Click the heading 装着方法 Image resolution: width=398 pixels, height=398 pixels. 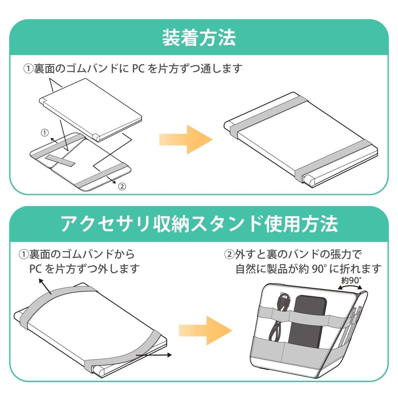199,38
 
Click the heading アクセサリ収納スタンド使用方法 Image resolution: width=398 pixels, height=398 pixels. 199,223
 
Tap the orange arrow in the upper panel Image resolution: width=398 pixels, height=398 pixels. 186,139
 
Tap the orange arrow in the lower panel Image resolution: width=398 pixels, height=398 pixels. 205,330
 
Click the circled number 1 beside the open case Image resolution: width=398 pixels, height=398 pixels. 45,133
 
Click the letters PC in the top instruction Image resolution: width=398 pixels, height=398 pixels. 138,68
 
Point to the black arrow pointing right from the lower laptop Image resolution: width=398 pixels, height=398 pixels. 155,355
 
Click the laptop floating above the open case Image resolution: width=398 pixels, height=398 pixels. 90,107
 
